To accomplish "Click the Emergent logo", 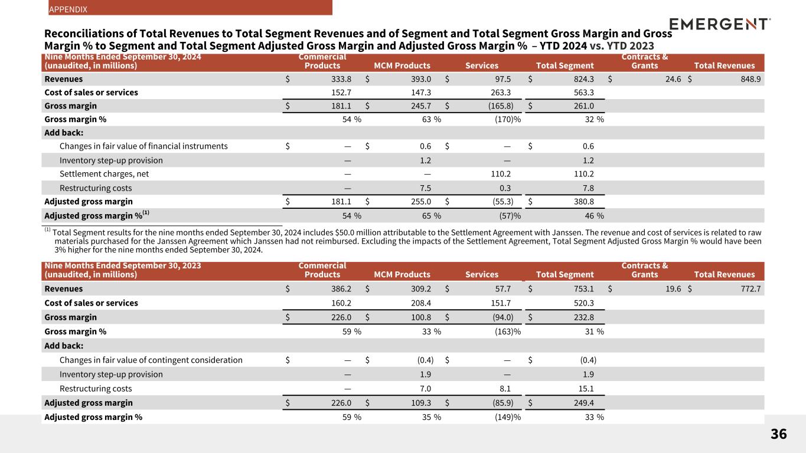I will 720,24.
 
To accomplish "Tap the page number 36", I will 778,435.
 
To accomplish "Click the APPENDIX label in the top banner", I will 68,9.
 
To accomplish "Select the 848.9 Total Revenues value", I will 743,79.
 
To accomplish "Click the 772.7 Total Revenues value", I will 743,289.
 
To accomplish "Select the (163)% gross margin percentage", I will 507,331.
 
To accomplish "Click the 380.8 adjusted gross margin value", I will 582,201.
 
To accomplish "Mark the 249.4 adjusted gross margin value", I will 582,403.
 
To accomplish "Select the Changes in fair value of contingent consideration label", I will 151,360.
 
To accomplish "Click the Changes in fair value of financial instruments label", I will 143,146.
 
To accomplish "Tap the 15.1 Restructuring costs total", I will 585,389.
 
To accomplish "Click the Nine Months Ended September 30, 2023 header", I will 123,265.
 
